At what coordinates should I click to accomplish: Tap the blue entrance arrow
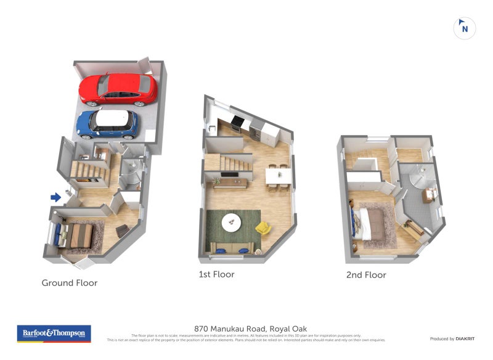pos(55,197)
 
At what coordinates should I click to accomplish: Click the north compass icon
pos(465,28)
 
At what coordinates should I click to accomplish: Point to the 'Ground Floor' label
pos(69,283)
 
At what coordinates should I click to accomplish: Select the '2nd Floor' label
pos(366,275)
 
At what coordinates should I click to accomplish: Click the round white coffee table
pos(232,221)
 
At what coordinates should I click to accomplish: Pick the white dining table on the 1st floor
pos(279,175)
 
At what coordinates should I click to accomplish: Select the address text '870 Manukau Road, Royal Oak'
pos(250,329)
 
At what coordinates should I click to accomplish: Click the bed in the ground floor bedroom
pos(78,235)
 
